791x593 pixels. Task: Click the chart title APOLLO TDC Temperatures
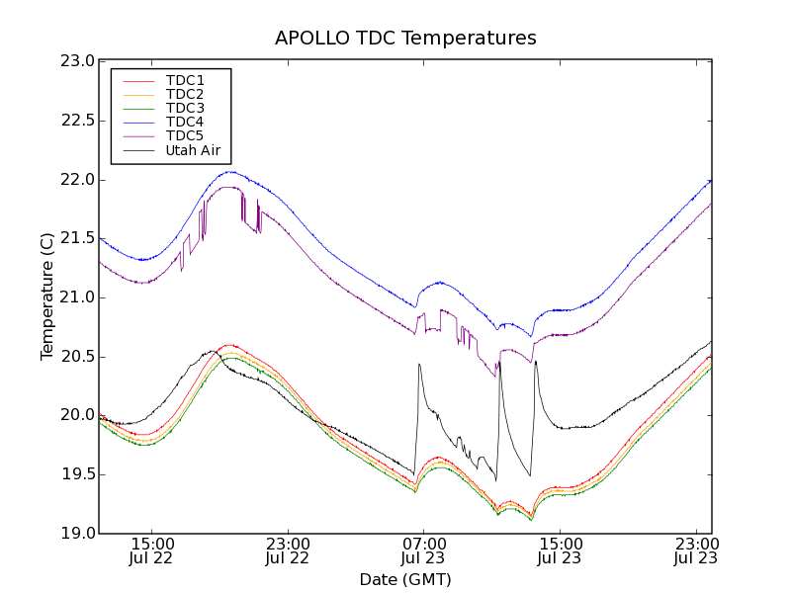tap(405, 39)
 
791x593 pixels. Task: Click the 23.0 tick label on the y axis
tap(77, 61)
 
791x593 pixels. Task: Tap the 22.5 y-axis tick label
tap(77, 121)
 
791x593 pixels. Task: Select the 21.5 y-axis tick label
tap(77, 238)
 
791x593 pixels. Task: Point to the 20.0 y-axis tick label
tap(77, 415)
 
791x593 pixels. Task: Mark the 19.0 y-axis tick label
tap(77, 533)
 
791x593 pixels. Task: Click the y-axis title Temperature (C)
tap(47, 296)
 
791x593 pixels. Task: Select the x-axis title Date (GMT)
tap(405, 579)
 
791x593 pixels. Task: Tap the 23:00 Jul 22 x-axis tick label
tap(288, 551)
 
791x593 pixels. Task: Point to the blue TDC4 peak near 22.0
tap(229, 172)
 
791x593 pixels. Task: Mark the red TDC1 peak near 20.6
tap(229, 345)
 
